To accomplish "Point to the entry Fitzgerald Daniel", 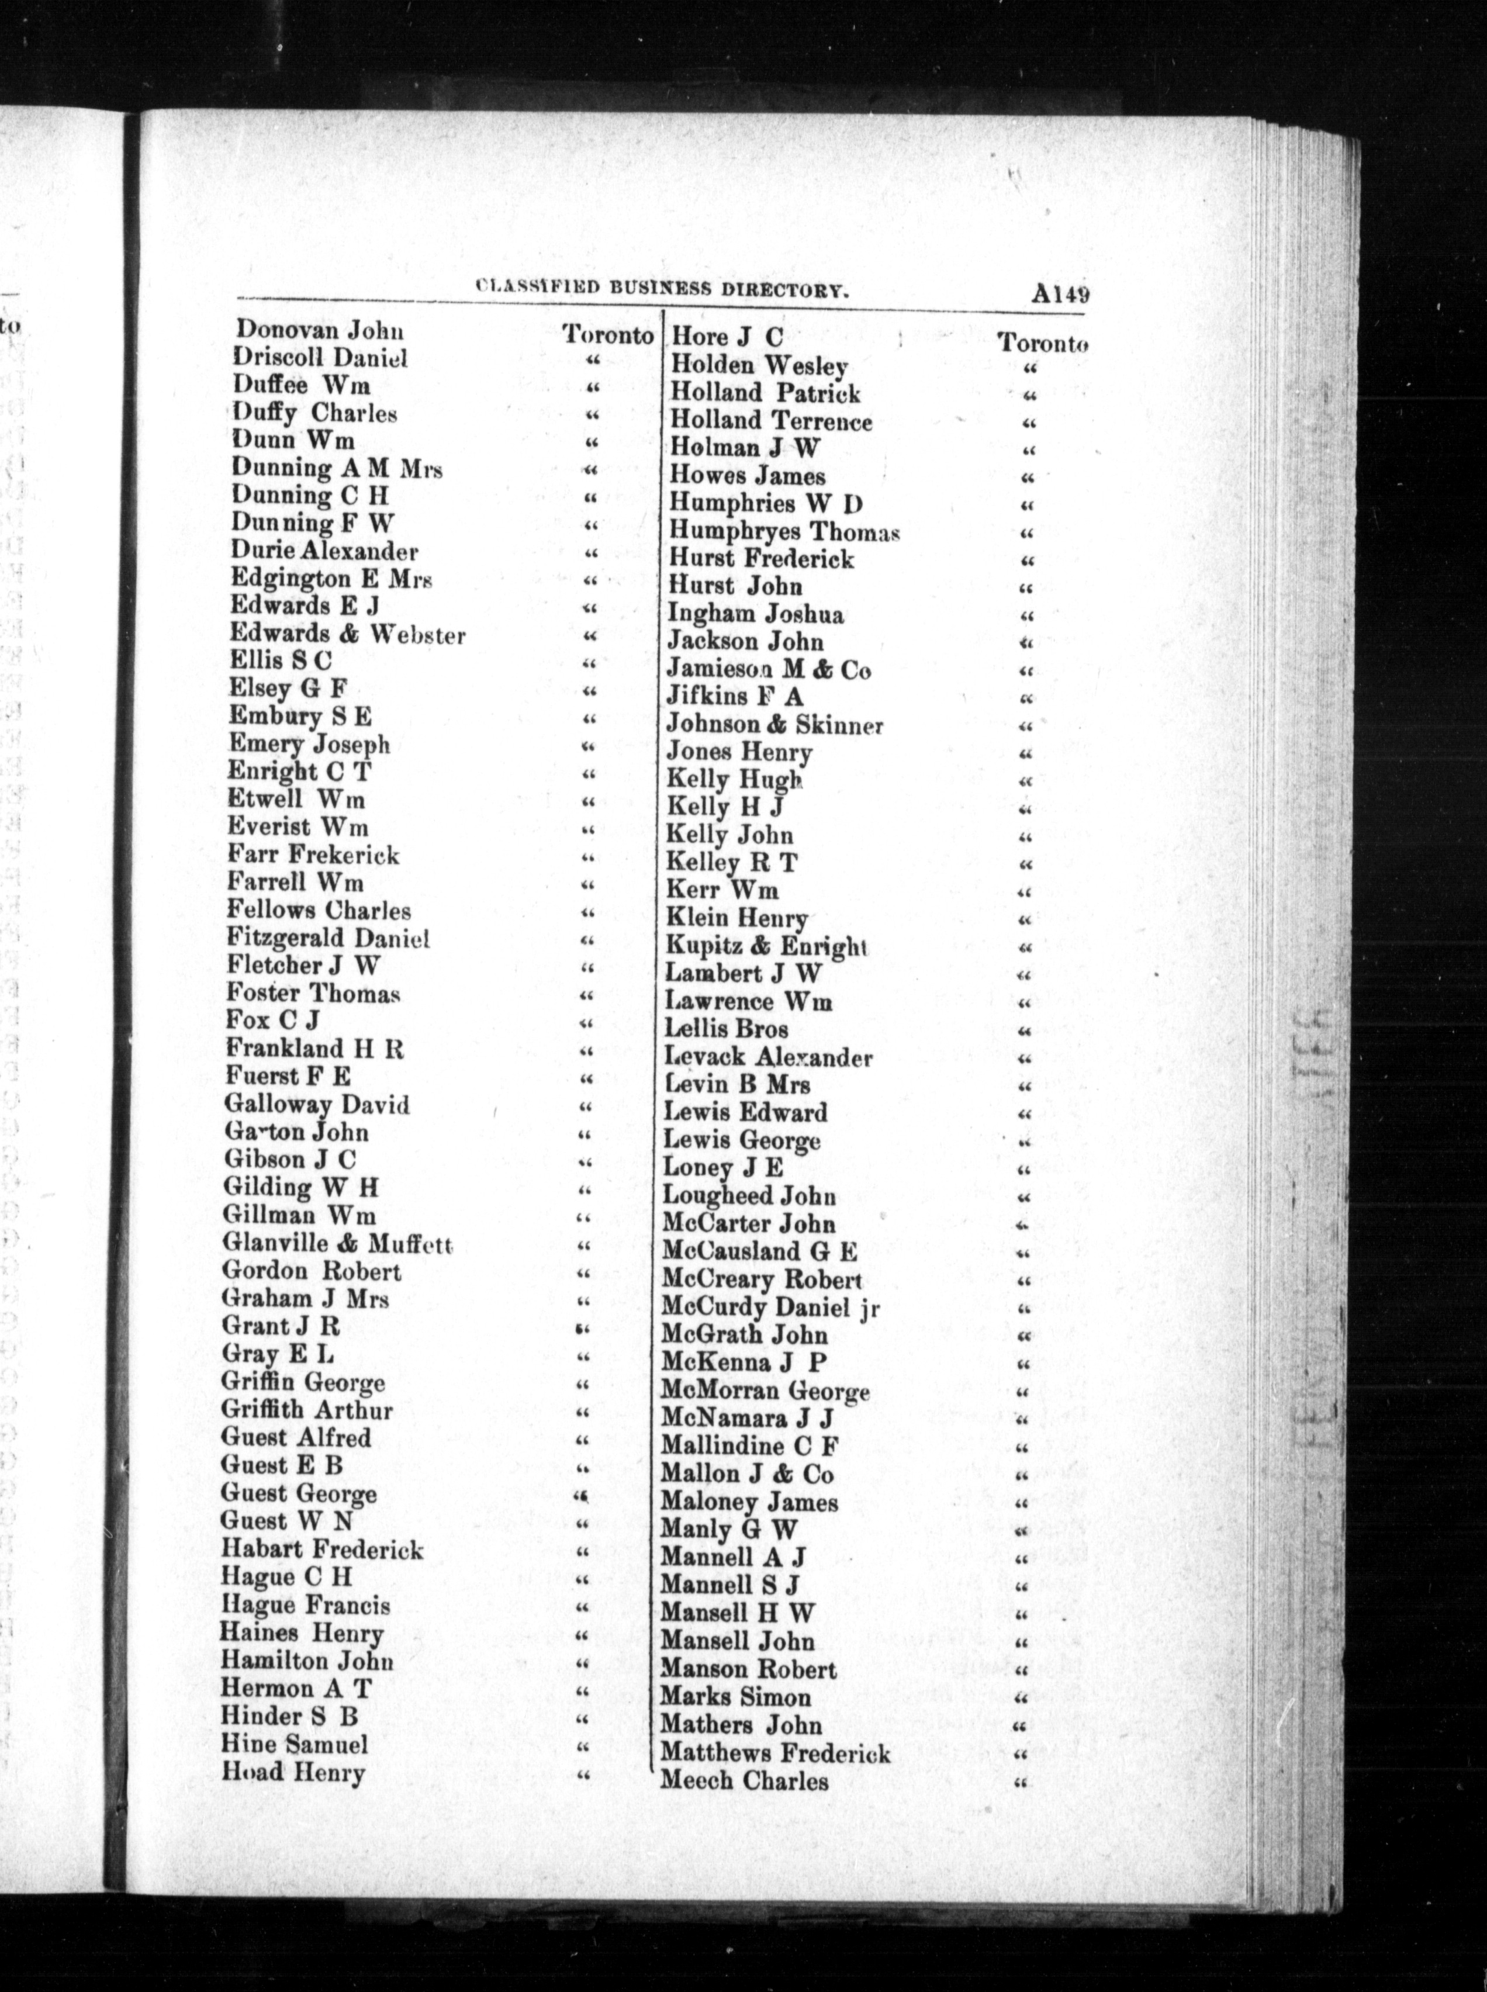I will pos(328,938).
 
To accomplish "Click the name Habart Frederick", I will pos(321,1549).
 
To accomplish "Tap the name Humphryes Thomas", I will pos(784,531).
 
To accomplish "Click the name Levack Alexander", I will pos(768,1057).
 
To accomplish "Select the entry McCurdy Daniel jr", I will pos(770,1306).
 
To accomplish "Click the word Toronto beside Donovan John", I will pos(607,335).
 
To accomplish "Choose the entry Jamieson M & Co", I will pos(768,670).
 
